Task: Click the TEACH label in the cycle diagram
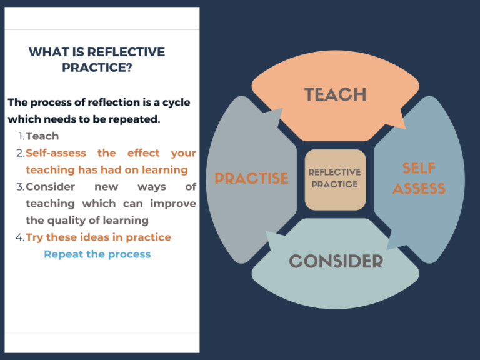(336, 94)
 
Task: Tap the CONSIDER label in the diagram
(336, 261)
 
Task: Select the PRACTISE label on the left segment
(251, 178)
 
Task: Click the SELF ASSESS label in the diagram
(419, 178)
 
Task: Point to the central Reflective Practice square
(335, 179)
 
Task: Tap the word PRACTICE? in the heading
(97, 67)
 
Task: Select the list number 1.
(21, 136)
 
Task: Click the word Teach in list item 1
(42, 136)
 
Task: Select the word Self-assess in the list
(54, 153)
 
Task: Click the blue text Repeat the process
(97, 254)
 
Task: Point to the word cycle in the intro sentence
(174, 102)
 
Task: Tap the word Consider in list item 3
(50, 187)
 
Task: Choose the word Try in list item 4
(34, 237)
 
